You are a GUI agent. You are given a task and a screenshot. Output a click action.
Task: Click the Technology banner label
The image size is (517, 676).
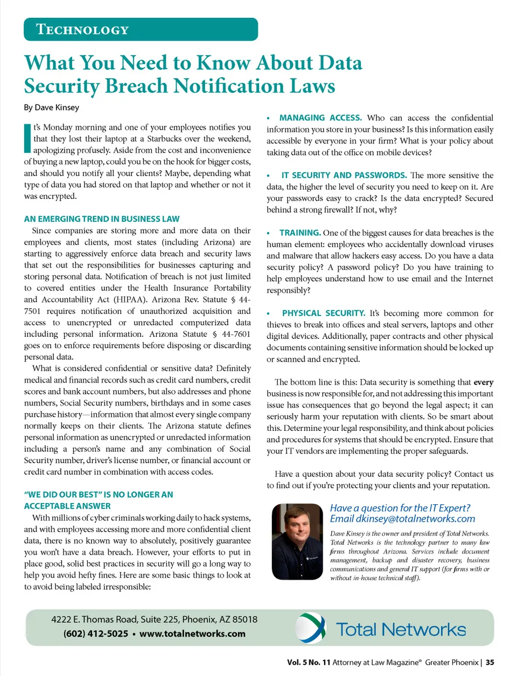(82, 30)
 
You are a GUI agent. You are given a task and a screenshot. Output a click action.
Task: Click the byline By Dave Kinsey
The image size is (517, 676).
(51, 107)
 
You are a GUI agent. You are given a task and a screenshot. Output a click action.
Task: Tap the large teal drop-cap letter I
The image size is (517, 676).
(27, 138)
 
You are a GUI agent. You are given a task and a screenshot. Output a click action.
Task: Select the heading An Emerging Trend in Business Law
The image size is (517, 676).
(102, 219)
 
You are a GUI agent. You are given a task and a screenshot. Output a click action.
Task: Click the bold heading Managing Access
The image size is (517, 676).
(320, 117)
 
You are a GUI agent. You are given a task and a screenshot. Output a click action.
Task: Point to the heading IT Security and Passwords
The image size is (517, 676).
(344, 175)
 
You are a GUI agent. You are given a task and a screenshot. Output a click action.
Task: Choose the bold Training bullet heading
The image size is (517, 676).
(300, 233)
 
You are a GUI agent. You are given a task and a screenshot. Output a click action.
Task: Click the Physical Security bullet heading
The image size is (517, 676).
(323, 313)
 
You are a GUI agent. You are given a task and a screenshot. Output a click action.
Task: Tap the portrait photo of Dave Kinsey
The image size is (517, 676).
(297, 541)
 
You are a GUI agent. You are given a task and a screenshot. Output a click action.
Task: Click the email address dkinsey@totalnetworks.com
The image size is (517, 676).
(415, 519)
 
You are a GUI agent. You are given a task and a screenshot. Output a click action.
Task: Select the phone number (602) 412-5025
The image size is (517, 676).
(95, 633)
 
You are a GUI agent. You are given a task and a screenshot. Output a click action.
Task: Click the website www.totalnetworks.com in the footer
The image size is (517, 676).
(192, 633)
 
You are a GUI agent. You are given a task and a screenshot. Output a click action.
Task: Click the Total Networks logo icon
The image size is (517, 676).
(311, 628)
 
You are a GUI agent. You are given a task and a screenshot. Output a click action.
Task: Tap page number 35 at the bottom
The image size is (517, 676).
(490, 663)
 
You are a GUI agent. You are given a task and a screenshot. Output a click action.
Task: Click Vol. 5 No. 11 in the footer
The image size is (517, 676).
(309, 663)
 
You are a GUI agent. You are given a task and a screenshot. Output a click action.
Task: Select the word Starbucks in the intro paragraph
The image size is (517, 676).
(165, 139)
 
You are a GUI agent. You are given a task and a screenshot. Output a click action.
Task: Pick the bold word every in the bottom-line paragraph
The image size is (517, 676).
(483, 382)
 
